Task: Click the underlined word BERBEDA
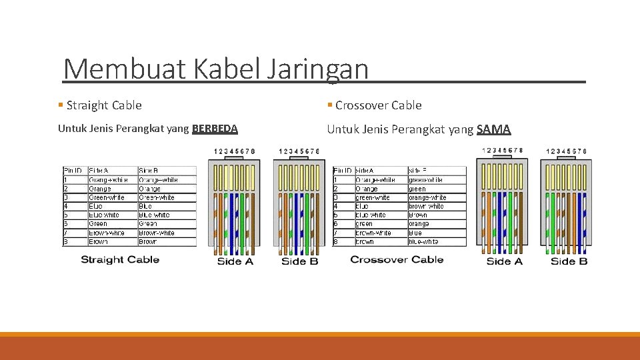[x=215, y=129]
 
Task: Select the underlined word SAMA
[x=494, y=129]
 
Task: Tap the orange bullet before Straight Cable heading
[x=61, y=105]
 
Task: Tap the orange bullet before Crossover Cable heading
[x=330, y=105]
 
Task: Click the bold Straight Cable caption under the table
[x=120, y=259]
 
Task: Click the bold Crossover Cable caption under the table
[x=397, y=259]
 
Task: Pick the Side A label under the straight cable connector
[x=235, y=261]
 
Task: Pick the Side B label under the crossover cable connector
[x=569, y=261]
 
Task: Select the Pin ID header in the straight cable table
[x=75, y=171]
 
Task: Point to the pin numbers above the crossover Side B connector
[x=566, y=151]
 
